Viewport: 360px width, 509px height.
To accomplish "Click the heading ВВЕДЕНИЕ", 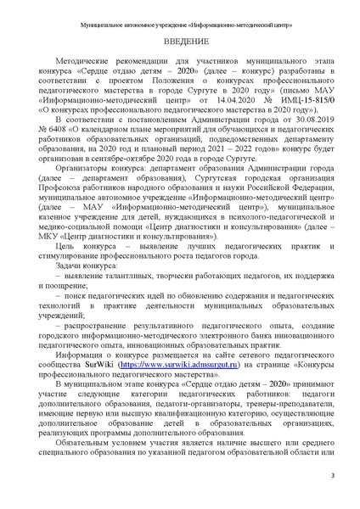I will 179,41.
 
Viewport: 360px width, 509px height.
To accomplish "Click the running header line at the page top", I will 180,14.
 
